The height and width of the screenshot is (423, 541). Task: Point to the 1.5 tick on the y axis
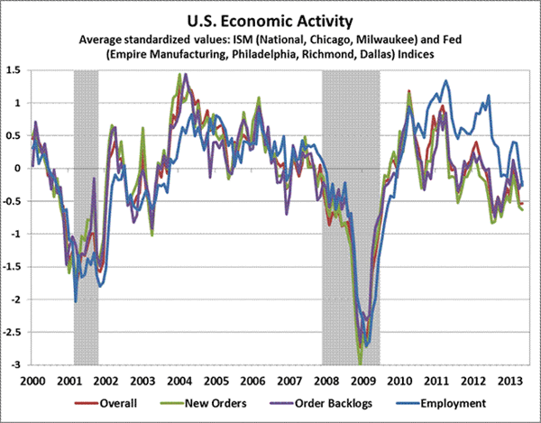(15, 69)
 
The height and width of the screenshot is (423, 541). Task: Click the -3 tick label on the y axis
(18, 365)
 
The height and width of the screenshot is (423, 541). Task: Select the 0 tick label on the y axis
(20, 168)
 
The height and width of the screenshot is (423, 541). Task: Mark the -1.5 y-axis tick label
(14, 267)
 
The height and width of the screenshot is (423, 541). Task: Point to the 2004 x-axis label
(180, 381)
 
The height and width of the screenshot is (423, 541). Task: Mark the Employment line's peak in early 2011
(445, 81)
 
